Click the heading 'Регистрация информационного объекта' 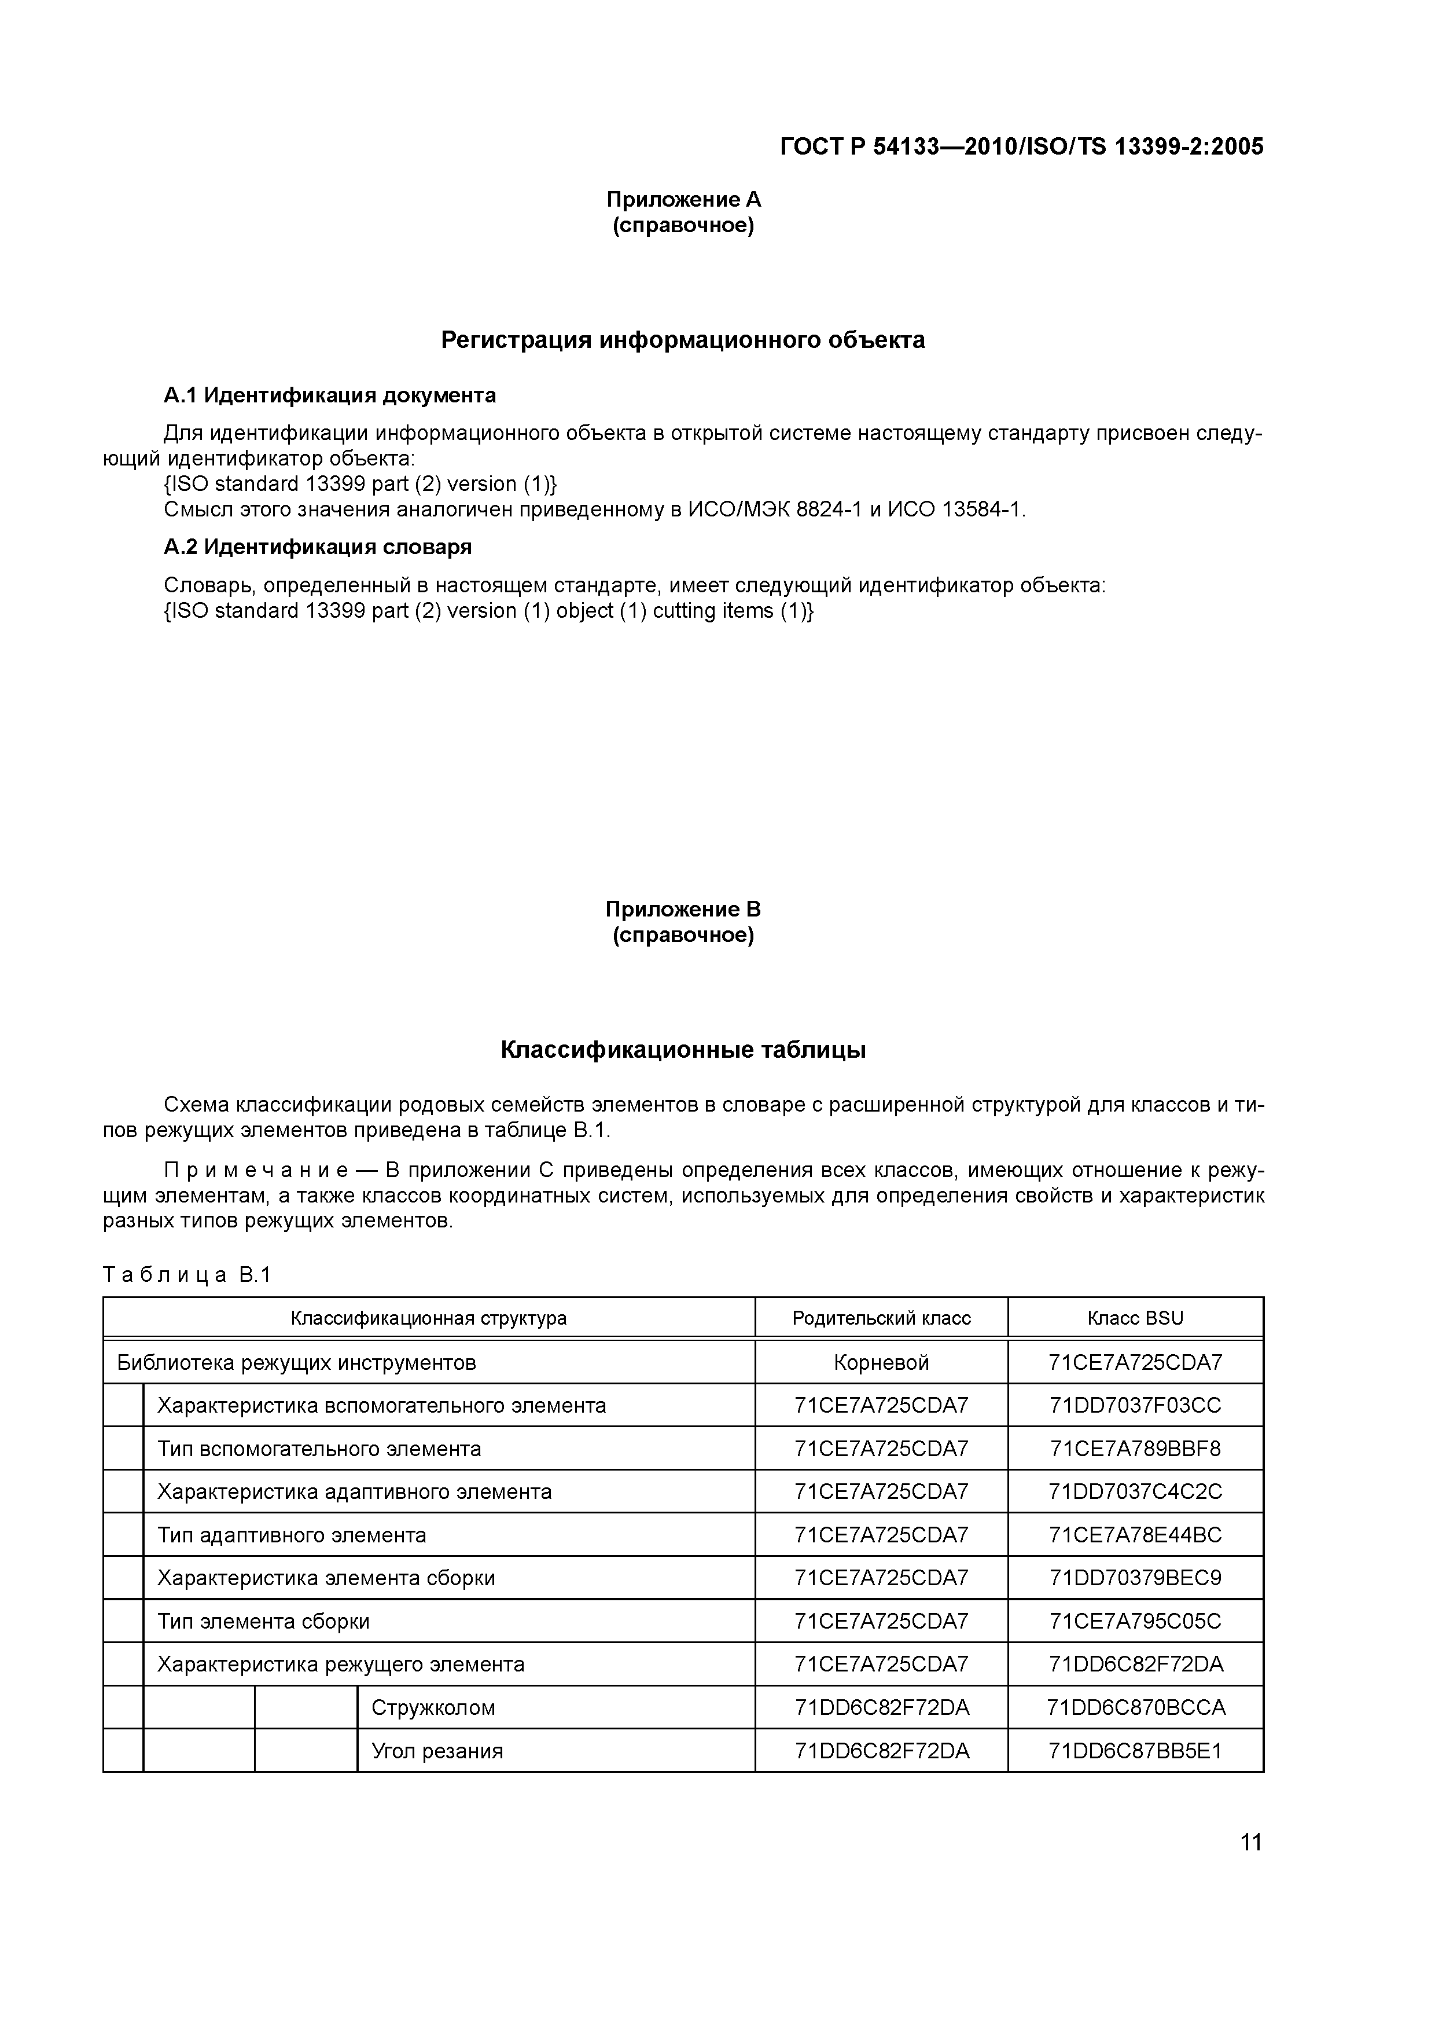click(683, 340)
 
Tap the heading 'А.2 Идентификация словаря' click(318, 547)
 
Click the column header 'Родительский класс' click(881, 1318)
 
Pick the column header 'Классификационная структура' click(429, 1318)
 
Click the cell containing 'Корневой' click(881, 1362)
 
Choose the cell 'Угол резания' click(437, 1751)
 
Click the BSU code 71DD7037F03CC click(1135, 1406)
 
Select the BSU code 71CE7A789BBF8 click(1135, 1449)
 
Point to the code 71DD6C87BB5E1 click(1135, 1751)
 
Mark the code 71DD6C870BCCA click(1135, 1707)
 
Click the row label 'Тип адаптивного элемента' click(292, 1535)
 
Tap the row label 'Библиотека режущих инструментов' click(296, 1362)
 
